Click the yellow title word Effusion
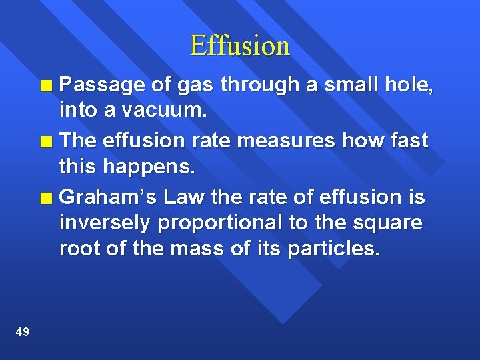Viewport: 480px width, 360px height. [240, 45]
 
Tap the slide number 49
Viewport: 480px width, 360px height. [21, 331]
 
